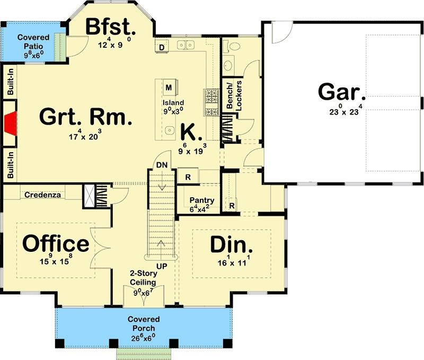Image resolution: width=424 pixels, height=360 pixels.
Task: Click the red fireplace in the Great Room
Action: tap(11, 124)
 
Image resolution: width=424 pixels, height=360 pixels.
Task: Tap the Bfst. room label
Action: tap(111, 27)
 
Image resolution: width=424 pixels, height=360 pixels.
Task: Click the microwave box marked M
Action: tap(169, 87)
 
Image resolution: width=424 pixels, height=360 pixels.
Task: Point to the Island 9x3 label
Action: tap(173, 107)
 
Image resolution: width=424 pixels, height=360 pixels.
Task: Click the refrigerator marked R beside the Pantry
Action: tap(188, 177)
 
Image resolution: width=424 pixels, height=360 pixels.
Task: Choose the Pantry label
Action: tap(202, 200)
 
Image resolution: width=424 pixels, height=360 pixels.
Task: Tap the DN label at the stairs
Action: tap(162, 165)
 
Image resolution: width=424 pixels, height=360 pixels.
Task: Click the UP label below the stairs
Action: tap(162, 266)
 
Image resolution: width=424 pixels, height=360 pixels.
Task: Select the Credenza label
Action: tap(42, 195)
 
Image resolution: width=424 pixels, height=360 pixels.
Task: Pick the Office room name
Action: tap(56, 243)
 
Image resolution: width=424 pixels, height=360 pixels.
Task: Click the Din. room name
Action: tap(232, 244)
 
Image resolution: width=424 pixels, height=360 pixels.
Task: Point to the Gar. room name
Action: tap(342, 92)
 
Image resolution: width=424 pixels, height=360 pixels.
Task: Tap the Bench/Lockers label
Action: tap(234, 95)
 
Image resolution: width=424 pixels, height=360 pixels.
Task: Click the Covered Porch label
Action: tap(144, 323)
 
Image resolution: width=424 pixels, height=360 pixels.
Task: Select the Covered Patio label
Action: tap(33, 41)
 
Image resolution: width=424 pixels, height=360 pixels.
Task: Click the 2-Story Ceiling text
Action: tap(143, 278)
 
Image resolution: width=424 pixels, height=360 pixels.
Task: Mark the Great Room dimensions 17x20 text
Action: tap(85, 135)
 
